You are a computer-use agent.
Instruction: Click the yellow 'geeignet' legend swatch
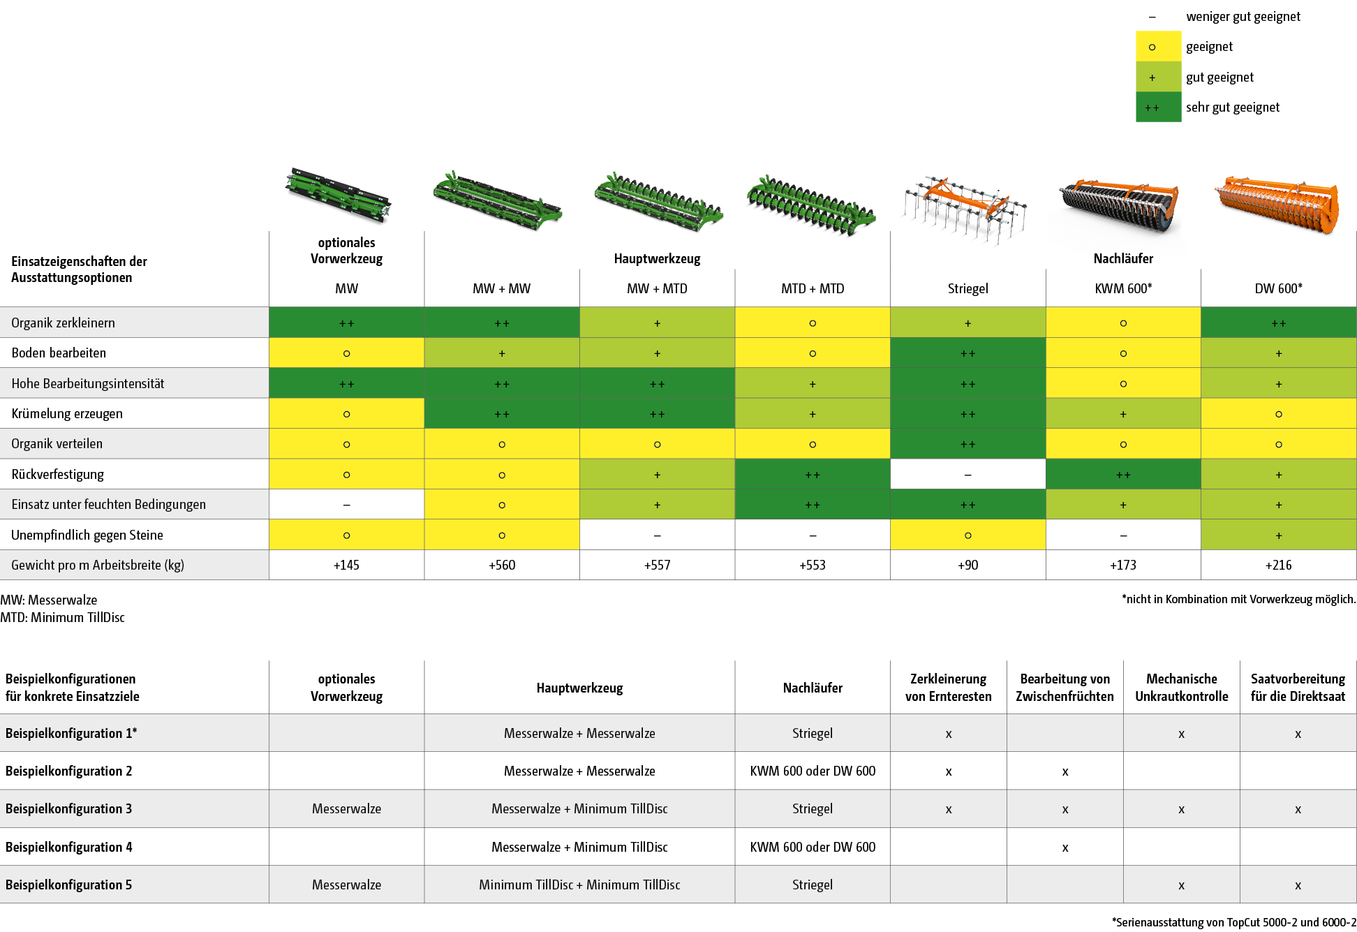click(x=1157, y=47)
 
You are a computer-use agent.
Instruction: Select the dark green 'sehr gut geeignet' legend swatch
click(x=1157, y=108)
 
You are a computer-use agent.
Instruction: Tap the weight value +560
click(x=502, y=565)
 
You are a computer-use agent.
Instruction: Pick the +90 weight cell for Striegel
click(x=967, y=565)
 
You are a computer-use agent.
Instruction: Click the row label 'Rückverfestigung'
click(x=58, y=475)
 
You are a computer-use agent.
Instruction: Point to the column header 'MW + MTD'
click(x=657, y=288)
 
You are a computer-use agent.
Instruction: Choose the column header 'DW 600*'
click(x=1278, y=288)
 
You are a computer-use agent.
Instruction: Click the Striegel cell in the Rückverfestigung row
click(x=967, y=475)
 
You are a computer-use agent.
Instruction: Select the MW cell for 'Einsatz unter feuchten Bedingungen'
click(x=346, y=505)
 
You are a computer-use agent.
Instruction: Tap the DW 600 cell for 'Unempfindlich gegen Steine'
click(x=1278, y=535)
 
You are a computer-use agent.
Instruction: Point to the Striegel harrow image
click(x=963, y=209)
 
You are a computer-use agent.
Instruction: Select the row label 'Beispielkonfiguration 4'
click(x=69, y=847)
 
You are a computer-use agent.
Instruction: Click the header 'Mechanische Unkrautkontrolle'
click(x=1181, y=688)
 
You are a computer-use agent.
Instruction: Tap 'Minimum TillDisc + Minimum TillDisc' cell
click(x=579, y=885)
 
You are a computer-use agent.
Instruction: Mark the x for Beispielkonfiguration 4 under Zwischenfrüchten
click(x=1065, y=848)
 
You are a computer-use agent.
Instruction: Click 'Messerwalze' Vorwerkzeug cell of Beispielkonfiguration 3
click(x=346, y=808)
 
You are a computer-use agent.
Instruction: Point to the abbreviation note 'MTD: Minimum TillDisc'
click(x=63, y=617)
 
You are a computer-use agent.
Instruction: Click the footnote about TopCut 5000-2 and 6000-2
click(x=1233, y=922)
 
